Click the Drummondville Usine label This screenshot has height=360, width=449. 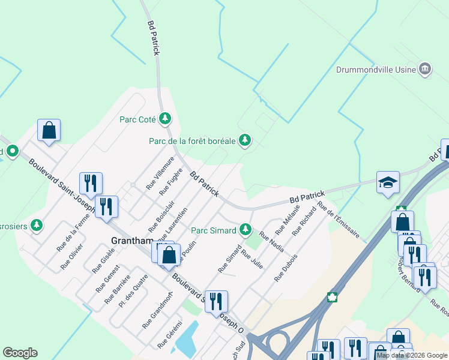click(x=376, y=69)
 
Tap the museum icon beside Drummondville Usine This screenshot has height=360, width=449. click(x=425, y=69)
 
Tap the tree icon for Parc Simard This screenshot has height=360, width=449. click(x=245, y=229)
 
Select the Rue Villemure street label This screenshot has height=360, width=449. click(x=160, y=173)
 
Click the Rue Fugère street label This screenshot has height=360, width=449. click(x=171, y=182)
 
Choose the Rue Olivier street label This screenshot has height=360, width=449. click(x=72, y=257)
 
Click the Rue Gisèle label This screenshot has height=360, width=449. click(x=103, y=262)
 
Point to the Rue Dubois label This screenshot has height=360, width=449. click(x=286, y=268)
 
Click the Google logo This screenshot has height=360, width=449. click(x=20, y=353)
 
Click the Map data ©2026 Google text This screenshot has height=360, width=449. click(x=411, y=355)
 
